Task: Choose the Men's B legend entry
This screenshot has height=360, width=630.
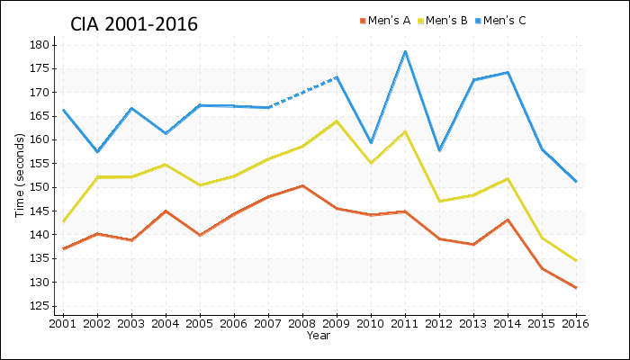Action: click(445, 20)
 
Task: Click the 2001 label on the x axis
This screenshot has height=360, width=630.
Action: click(63, 323)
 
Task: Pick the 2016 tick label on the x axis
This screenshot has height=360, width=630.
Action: click(575, 323)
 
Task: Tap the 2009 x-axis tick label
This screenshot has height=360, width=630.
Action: click(337, 323)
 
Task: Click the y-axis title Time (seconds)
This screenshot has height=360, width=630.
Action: click(19, 175)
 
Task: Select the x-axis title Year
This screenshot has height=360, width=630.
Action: click(319, 336)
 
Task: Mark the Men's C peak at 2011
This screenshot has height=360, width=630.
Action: click(405, 51)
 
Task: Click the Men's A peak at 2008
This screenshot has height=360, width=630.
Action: click(302, 185)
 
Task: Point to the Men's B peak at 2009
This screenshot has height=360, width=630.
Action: click(337, 121)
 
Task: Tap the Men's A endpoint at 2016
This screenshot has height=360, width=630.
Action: click(575, 288)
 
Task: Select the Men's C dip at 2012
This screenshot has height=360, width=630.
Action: click(439, 150)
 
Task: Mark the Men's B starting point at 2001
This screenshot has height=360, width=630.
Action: click(63, 221)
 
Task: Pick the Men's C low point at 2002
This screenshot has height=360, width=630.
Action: click(97, 151)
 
